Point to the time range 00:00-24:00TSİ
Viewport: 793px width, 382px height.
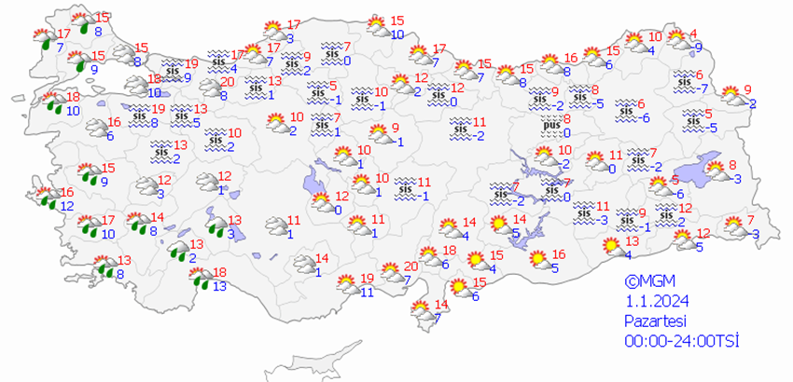tap(681, 341)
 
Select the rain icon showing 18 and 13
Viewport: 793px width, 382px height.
tap(199, 277)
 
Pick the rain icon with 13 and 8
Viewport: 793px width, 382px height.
tap(103, 267)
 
